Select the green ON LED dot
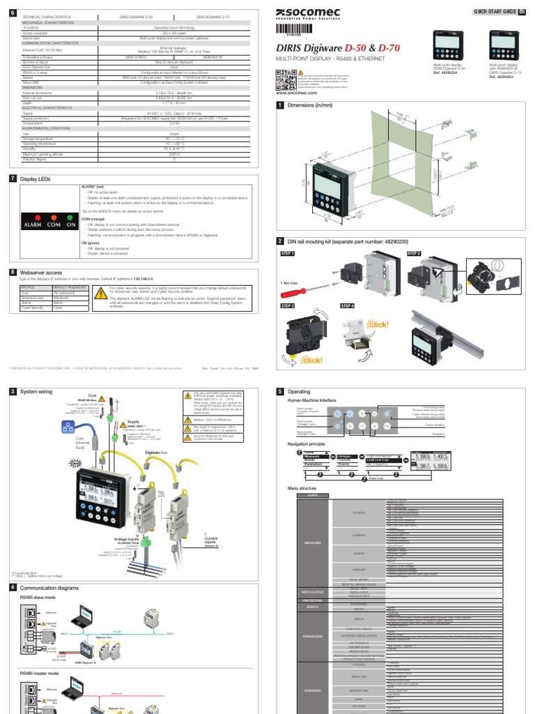point(70,217)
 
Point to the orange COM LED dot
point(54,217)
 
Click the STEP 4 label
point(347,305)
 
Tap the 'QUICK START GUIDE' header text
point(494,12)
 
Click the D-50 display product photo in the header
point(446,45)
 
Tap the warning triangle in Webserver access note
point(100,291)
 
